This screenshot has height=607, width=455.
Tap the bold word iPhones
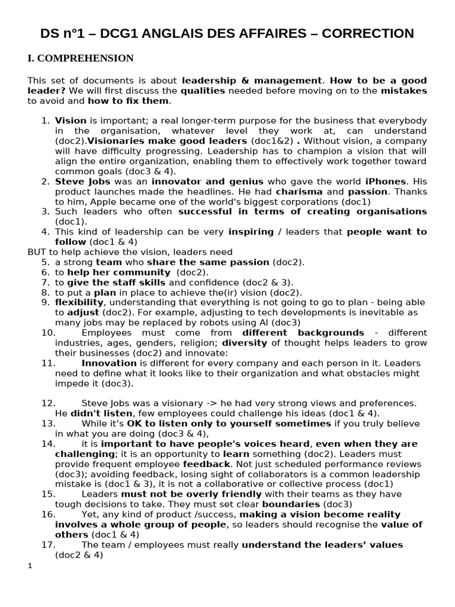click(386, 181)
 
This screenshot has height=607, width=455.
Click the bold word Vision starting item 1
click(71, 120)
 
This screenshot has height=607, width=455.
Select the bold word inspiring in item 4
click(250, 232)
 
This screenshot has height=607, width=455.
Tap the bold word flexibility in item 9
click(79, 302)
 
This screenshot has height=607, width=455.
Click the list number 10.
click(48, 333)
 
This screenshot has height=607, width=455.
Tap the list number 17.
click(48, 545)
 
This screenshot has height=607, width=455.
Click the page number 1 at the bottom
click(30, 566)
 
